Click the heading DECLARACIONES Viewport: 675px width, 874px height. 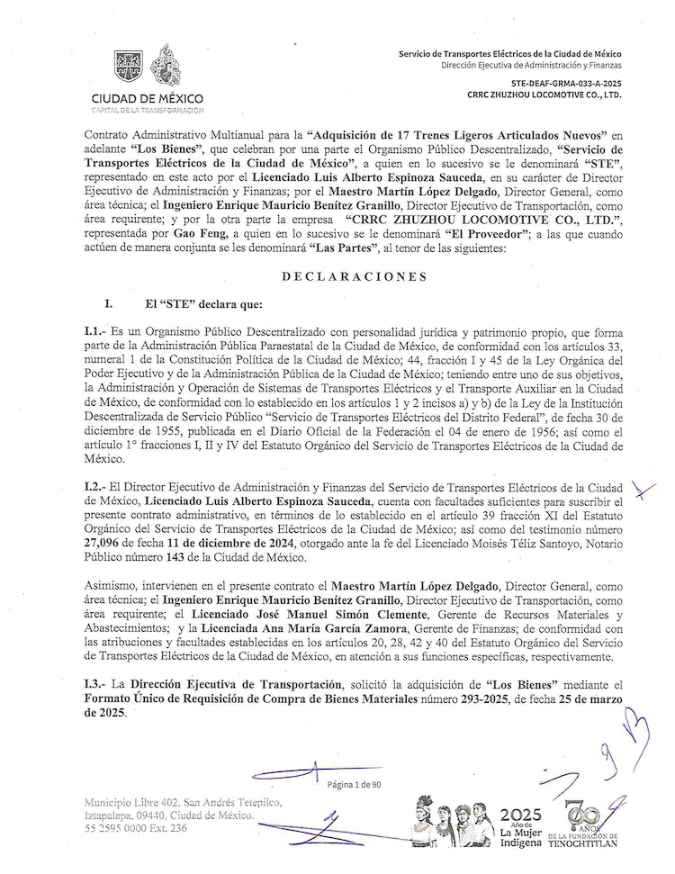[355, 276]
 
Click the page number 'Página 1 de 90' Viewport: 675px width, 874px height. [355, 784]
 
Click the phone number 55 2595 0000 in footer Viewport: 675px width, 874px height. [135, 827]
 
